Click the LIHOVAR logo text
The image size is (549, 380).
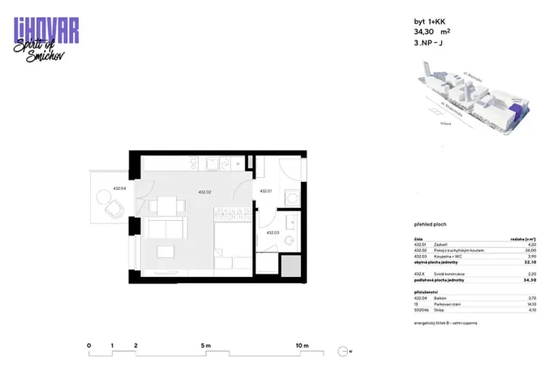[x=46, y=28]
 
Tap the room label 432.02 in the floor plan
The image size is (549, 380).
[x=204, y=192]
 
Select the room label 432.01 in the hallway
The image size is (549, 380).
[x=265, y=192]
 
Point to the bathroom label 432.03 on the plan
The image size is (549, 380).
[x=272, y=233]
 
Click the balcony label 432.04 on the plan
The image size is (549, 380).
[x=118, y=188]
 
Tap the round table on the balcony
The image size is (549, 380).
[x=106, y=196]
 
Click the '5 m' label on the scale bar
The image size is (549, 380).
[x=205, y=346]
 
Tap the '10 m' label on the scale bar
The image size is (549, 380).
[x=302, y=346]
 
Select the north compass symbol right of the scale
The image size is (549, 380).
[x=345, y=352]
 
